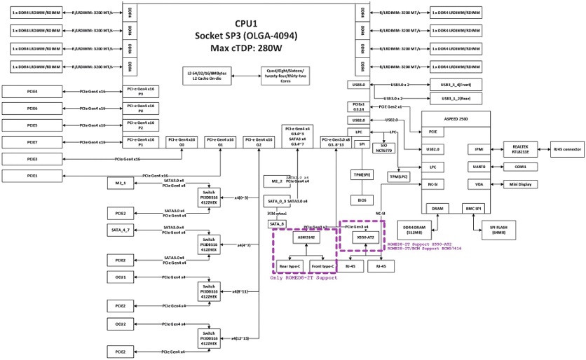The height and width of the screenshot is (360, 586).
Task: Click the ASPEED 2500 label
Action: point(456,118)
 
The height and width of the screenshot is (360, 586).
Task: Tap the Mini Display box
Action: point(519,184)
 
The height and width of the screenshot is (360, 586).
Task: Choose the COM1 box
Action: point(519,167)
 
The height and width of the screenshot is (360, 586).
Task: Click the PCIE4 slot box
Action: point(33,92)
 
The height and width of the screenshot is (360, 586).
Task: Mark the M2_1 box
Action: point(121,183)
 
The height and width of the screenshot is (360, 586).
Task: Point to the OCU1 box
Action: point(121,277)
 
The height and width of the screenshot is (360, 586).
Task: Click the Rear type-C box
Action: point(289,266)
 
